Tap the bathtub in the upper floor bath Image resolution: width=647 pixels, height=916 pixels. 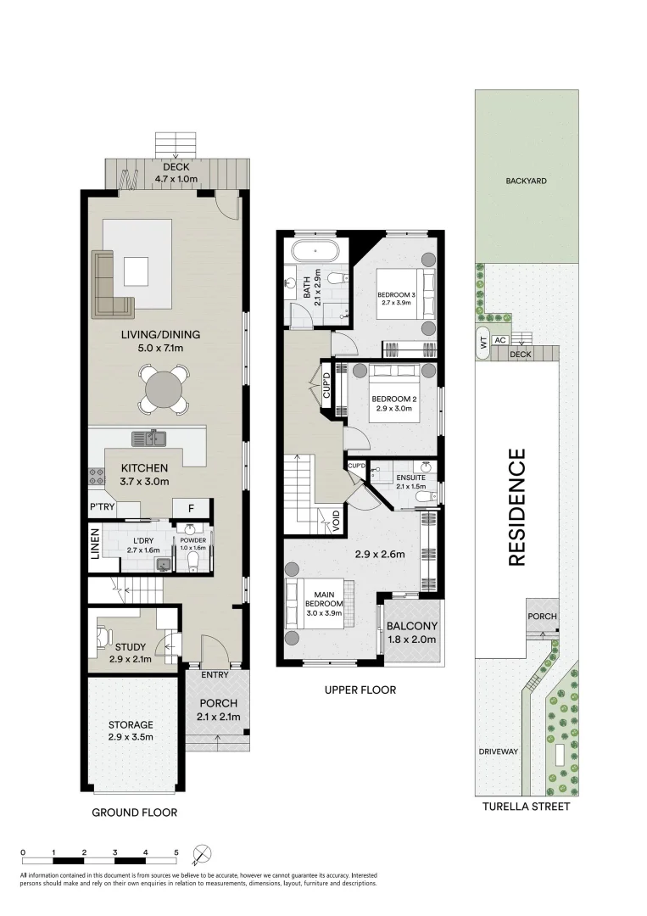(315, 250)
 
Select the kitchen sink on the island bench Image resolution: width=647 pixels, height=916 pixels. (148, 438)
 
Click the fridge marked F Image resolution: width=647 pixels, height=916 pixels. (191, 508)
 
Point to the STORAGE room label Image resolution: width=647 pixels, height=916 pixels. (131, 725)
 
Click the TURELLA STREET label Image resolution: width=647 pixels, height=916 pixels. (526, 807)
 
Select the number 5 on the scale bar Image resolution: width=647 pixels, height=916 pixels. (176, 852)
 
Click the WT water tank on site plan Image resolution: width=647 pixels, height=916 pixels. (482, 343)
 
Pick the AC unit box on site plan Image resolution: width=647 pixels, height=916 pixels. (499, 340)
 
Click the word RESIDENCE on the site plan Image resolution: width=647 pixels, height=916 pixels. (516, 507)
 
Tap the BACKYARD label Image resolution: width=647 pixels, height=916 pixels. (526, 182)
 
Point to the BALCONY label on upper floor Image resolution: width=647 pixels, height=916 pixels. (411, 626)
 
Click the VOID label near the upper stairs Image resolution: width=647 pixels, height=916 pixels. (336, 521)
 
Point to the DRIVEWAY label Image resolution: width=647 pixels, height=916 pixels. (498, 751)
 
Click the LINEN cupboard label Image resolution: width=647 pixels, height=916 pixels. (95, 544)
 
